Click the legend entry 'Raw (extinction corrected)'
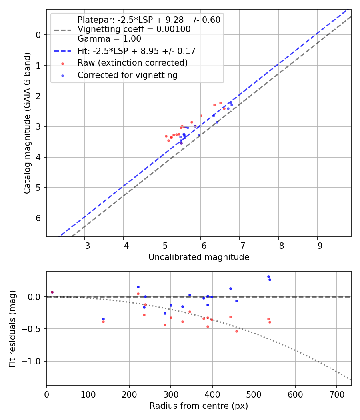click(x=132, y=63)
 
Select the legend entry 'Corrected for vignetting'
click(x=127, y=75)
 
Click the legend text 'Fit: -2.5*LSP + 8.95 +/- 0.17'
click(x=136, y=51)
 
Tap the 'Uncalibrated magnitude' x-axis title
click(x=199, y=257)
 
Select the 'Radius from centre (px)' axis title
click(x=199, y=406)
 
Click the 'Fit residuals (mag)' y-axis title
click(x=13, y=329)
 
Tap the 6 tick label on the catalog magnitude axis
click(x=38, y=218)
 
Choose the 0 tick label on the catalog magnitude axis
click(x=38, y=35)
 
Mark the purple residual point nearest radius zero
click(x=52, y=292)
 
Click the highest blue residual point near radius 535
click(x=268, y=276)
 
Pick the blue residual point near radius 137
click(x=103, y=319)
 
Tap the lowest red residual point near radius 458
click(x=236, y=331)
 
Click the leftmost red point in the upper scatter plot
click(x=166, y=136)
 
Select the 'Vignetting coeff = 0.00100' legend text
click(x=134, y=29)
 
